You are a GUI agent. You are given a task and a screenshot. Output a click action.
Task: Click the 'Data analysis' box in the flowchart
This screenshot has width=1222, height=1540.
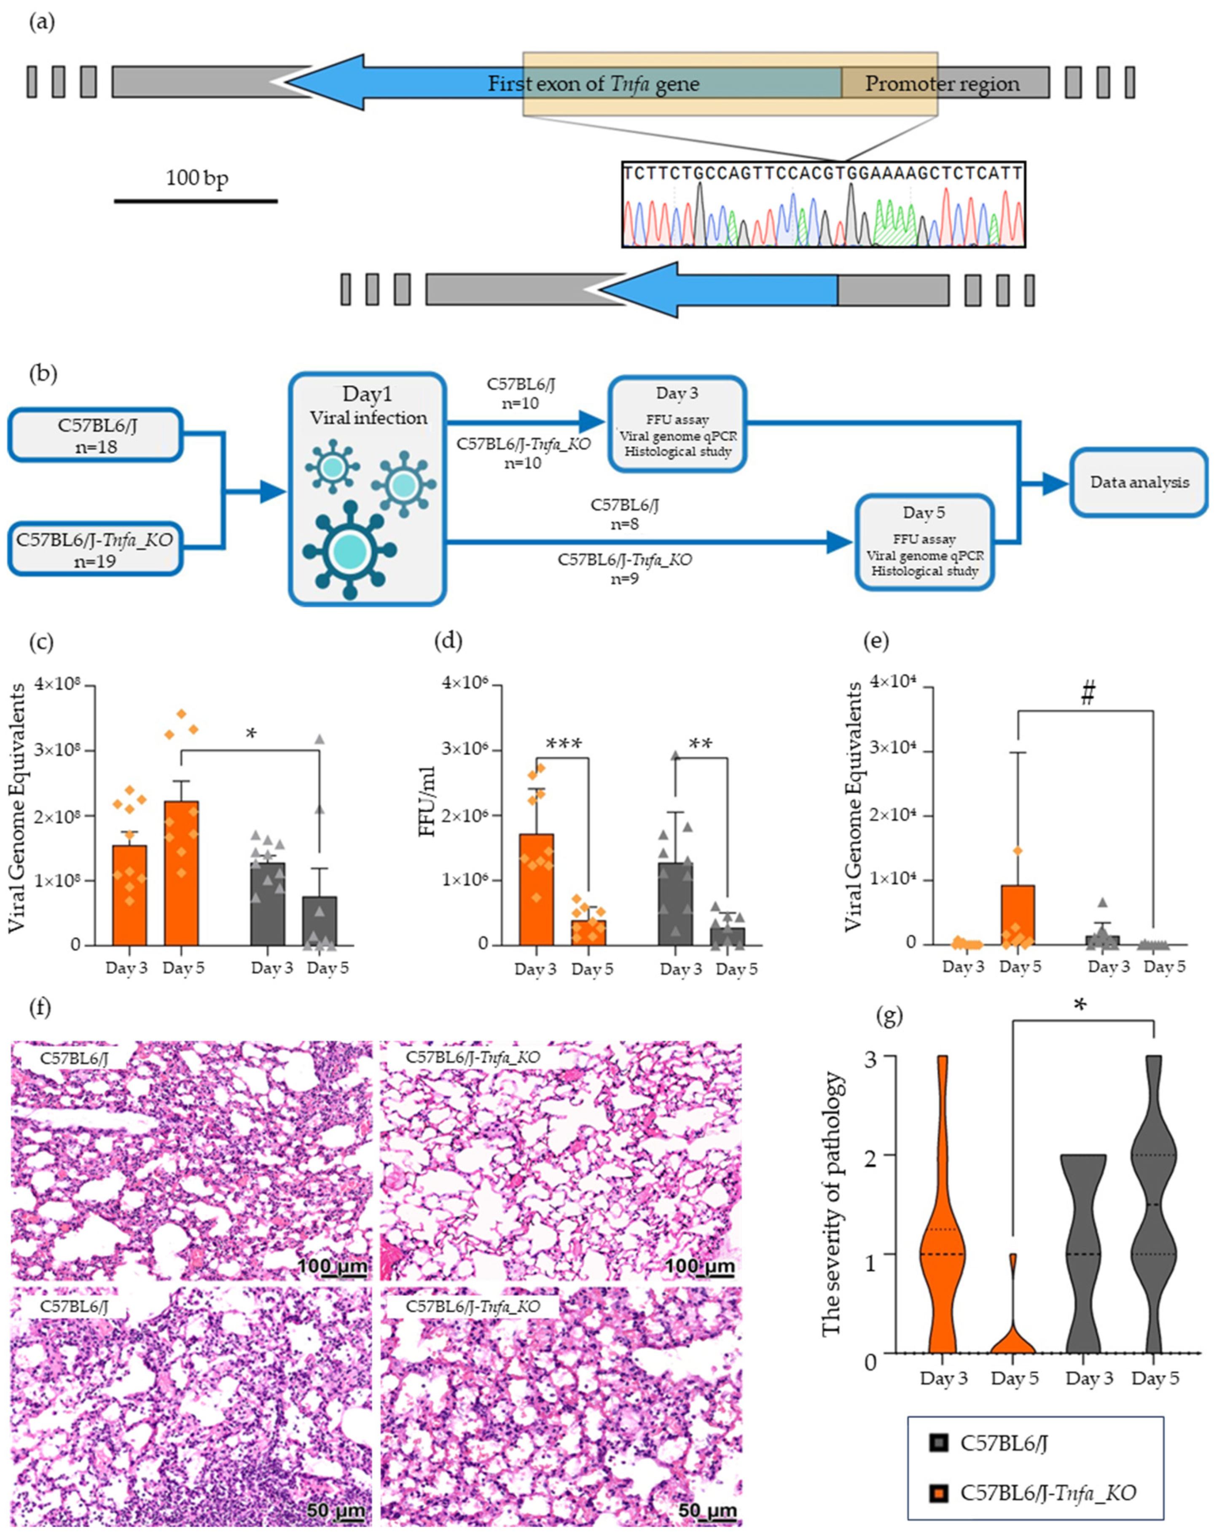pyautogui.click(x=1139, y=482)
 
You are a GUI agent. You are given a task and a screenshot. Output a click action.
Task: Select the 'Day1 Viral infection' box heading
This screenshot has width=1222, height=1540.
pyautogui.click(x=367, y=405)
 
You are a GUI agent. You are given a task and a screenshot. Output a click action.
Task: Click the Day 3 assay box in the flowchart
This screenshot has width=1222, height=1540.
pyautogui.click(x=677, y=424)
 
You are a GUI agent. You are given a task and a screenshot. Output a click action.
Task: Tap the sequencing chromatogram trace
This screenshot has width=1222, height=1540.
pyautogui.click(x=824, y=214)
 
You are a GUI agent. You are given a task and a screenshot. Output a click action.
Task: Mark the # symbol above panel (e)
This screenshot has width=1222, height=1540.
pyautogui.click(x=1088, y=693)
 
